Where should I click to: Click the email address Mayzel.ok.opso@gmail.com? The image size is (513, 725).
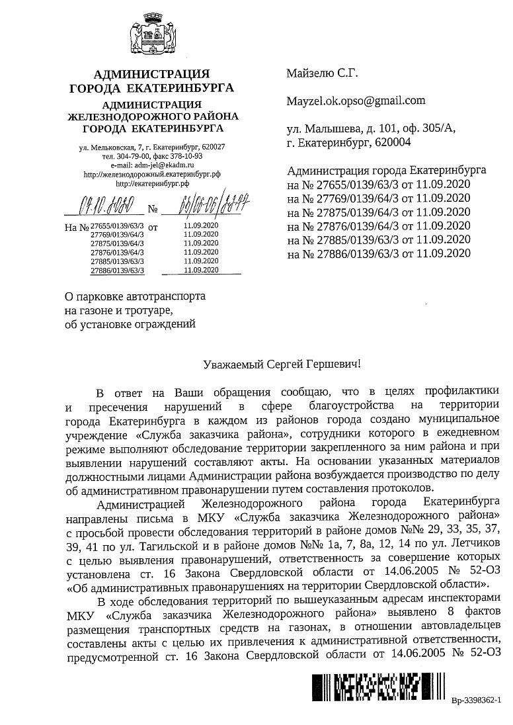pos(356,101)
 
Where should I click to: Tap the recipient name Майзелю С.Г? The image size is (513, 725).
pos(322,73)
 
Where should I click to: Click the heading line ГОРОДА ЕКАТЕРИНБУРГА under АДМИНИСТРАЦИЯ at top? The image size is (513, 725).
pos(152,87)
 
